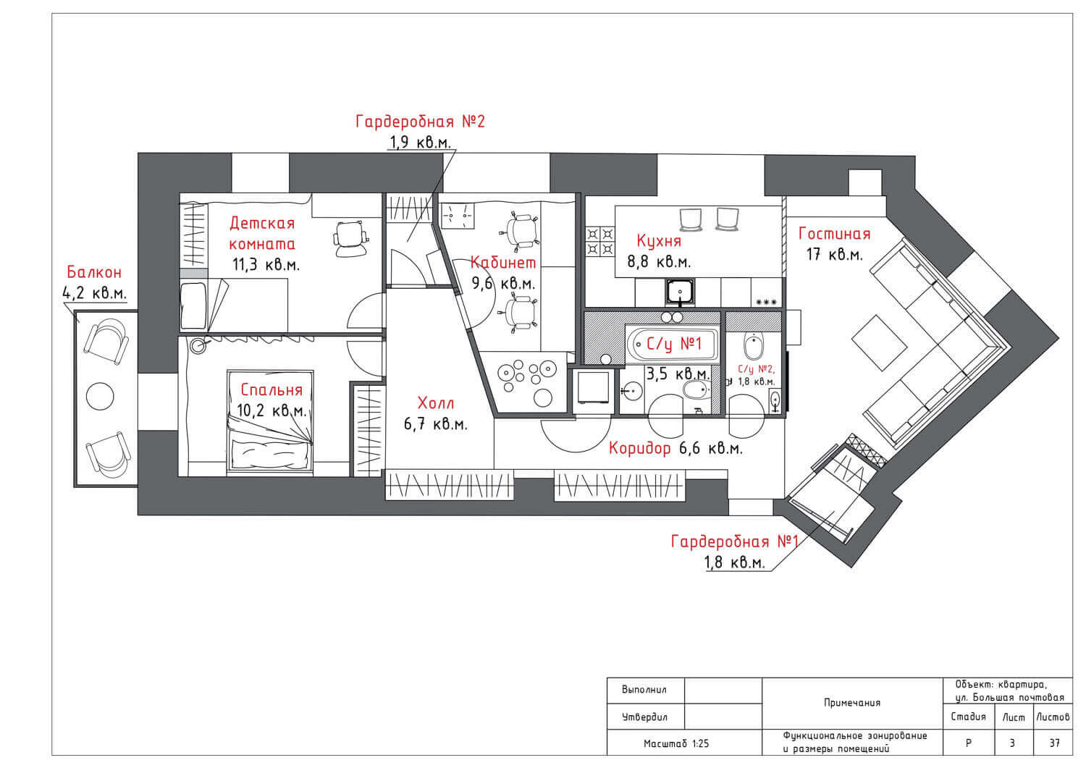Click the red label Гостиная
[x=834, y=235]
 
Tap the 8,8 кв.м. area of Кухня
[x=659, y=262]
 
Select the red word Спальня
[x=271, y=390]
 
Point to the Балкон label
[x=94, y=272]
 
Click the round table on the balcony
[x=100, y=396]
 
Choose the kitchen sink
[x=680, y=292]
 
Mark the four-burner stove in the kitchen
[x=600, y=242]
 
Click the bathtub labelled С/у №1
[x=673, y=345]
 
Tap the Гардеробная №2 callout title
[x=421, y=121]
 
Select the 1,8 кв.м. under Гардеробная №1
[x=735, y=562]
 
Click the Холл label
[x=435, y=403]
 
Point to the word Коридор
[x=640, y=449]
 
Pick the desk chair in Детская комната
[x=350, y=240]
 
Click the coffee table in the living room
[x=879, y=342]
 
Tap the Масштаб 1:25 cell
[x=675, y=744]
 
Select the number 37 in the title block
[x=1054, y=743]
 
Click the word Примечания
[x=852, y=703]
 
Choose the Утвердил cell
[x=645, y=717]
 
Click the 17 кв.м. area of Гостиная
[x=834, y=255]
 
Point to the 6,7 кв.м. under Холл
[x=435, y=425]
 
